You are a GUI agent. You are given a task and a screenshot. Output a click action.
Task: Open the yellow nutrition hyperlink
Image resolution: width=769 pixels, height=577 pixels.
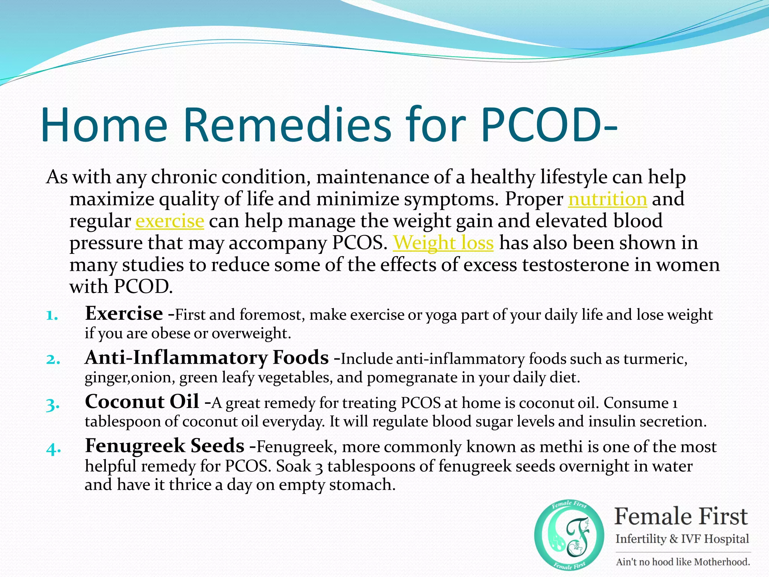[608, 199]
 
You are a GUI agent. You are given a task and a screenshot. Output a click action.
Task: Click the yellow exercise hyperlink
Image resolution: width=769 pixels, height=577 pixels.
[170, 221]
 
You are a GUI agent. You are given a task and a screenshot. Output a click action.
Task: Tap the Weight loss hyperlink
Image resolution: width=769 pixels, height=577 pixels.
[443, 243]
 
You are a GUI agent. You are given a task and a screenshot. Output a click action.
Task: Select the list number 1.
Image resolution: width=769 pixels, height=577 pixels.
[52, 316]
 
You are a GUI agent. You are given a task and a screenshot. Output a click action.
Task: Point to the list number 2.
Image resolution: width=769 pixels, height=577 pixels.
[53, 359]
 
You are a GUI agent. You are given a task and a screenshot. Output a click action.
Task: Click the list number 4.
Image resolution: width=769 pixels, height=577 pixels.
[53, 449]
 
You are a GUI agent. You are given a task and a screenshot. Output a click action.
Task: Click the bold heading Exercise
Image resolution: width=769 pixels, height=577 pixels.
[124, 313]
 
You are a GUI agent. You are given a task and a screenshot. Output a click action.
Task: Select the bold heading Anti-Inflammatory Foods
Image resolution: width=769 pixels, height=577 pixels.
[207, 357]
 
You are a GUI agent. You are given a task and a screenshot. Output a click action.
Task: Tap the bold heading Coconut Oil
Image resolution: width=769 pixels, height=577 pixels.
[142, 402]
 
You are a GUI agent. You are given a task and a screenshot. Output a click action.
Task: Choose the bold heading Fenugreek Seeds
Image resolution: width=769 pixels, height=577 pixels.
[164, 446]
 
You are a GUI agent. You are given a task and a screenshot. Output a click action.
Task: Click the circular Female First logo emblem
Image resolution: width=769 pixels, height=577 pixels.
[569, 534]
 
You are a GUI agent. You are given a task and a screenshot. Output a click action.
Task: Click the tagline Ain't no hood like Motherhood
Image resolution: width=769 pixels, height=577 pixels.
[683, 562]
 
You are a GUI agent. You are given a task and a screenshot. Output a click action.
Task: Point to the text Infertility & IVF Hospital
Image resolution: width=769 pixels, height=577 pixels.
[682, 539]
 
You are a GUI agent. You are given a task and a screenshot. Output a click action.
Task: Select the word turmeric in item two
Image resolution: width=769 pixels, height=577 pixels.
[655, 359]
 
